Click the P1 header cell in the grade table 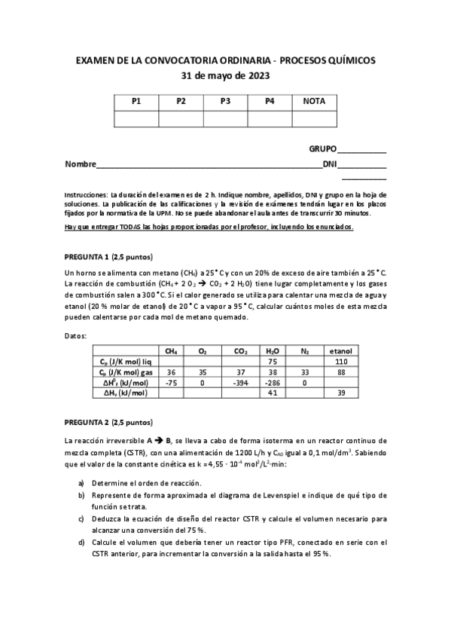pos(136,101)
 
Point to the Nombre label pos(81,164)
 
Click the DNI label pos(330,164)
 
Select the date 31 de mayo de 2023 pos(226,76)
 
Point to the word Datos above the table pos(76,335)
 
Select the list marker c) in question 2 pos(81,519)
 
